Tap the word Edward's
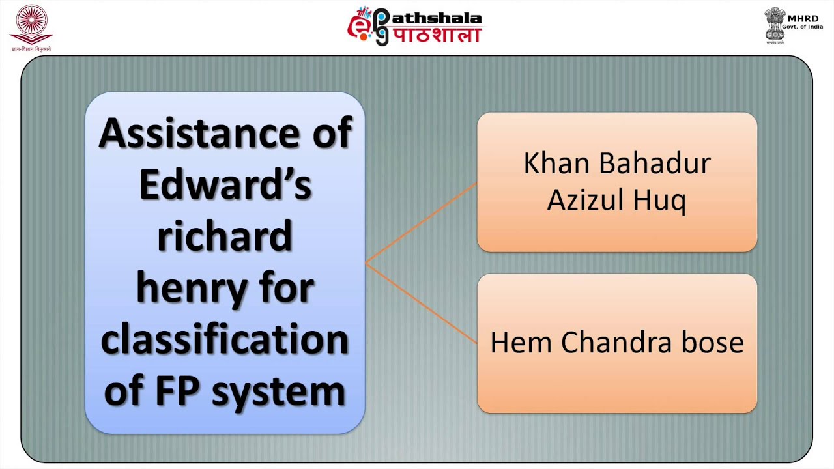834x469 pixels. click(225, 186)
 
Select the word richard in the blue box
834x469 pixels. click(225, 236)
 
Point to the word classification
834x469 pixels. click(225, 340)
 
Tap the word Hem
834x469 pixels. click(521, 343)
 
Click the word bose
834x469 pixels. click(710, 343)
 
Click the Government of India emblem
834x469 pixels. click(775, 25)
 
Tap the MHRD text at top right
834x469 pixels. click(803, 18)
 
